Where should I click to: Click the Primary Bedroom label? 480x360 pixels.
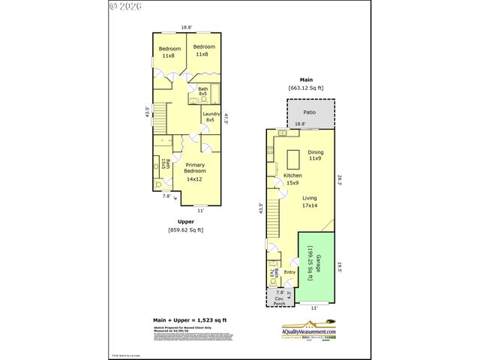pos(195,172)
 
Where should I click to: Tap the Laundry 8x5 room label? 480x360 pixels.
pos(210,116)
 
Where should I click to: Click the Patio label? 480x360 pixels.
pos(309,112)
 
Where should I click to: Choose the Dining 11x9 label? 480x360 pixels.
pos(316,155)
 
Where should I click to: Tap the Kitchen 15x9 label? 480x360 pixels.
pos(292,178)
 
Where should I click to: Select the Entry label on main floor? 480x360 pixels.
pos(289,272)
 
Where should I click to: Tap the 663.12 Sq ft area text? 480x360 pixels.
pos(306,88)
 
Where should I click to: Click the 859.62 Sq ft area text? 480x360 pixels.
pos(185,229)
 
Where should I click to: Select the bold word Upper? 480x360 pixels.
pos(185,221)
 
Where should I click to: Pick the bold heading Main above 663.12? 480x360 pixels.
pos(306,79)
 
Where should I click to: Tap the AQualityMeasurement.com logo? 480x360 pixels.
pos(310,330)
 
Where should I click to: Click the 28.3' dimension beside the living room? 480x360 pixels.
pos(339,180)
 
